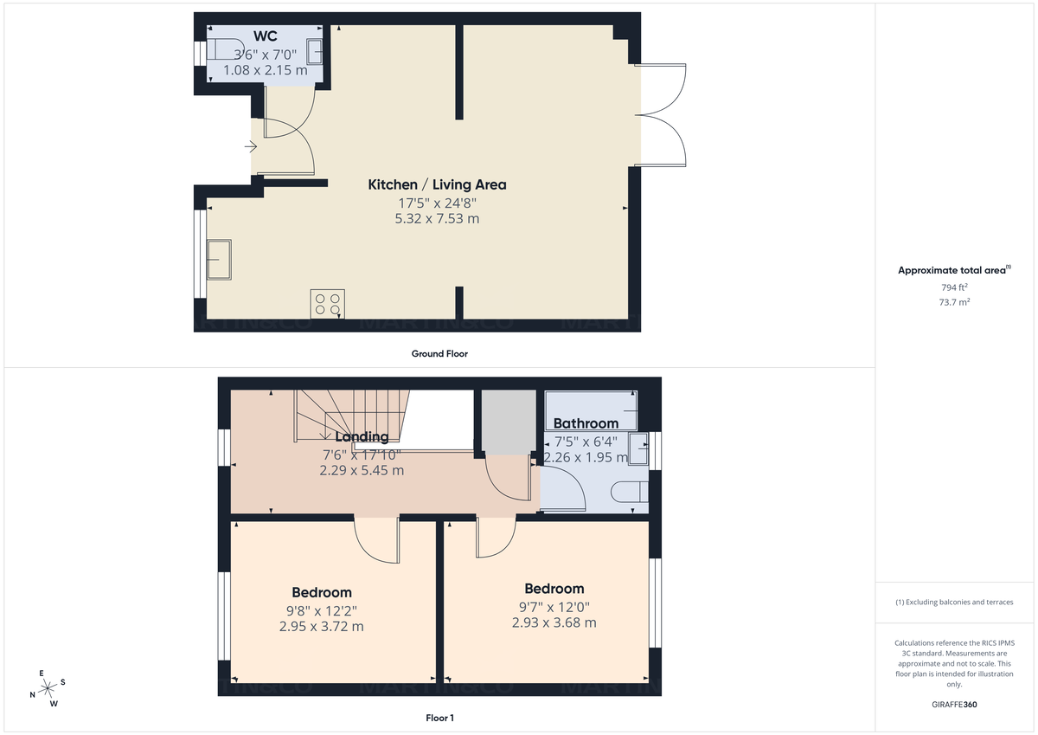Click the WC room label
click(265, 36)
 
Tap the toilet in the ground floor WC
click(221, 52)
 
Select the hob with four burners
click(327, 304)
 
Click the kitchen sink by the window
click(219, 260)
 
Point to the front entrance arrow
click(251, 147)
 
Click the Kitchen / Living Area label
click(437, 184)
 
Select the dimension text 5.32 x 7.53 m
click(437, 219)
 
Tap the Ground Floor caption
click(439, 353)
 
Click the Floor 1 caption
click(439, 718)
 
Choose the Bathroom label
click(586, 423)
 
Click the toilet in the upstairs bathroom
click(630, 493)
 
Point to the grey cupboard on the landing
click(506, 422)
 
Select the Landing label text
click(362, 437)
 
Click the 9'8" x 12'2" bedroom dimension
click(322, 609)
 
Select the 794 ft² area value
click(954, 287)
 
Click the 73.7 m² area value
click(954, 302)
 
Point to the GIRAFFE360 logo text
click(954, 705)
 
